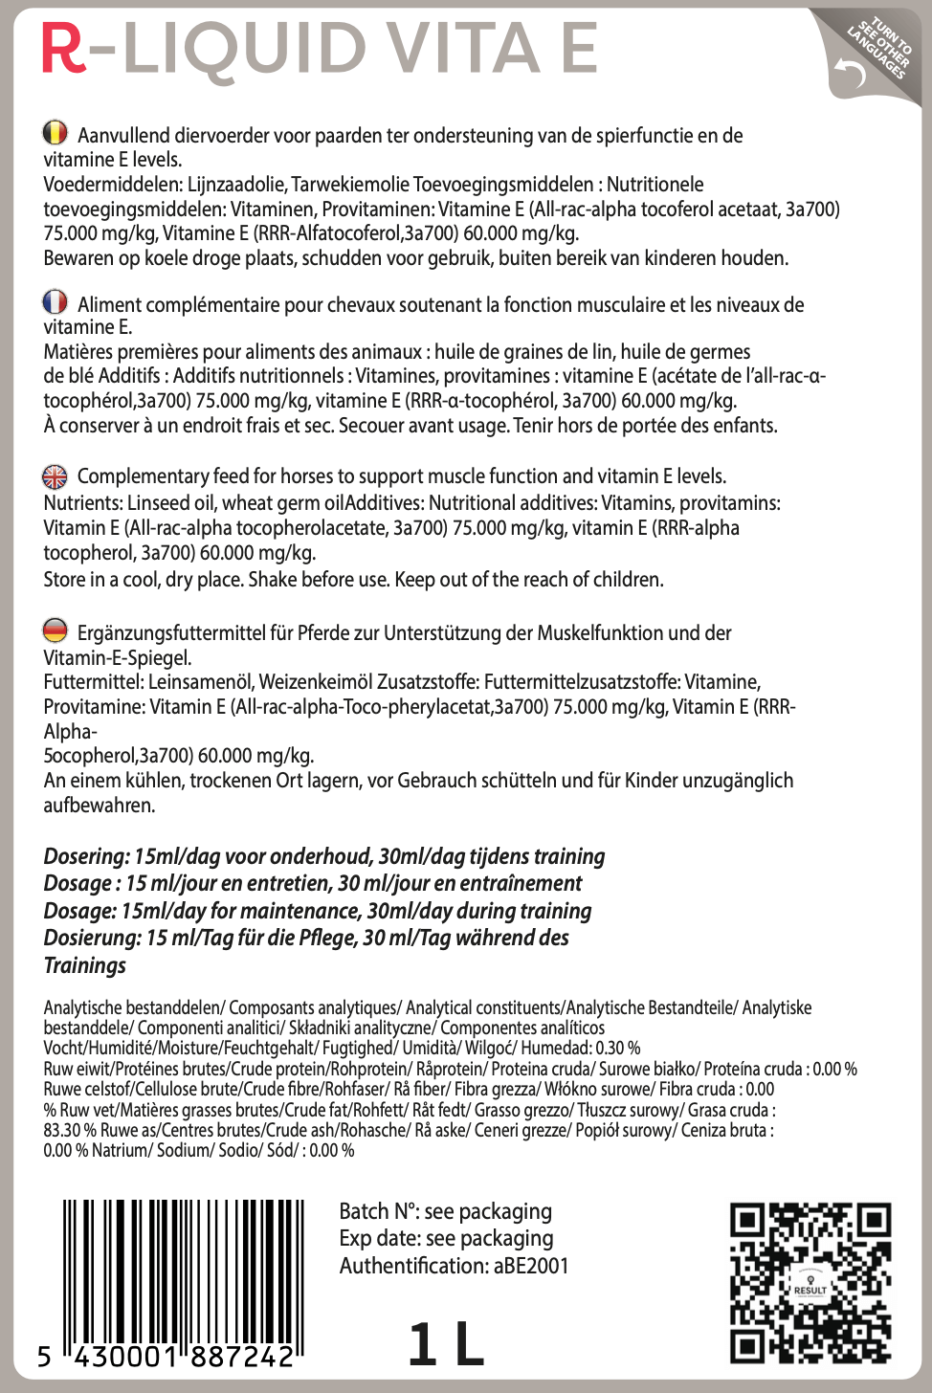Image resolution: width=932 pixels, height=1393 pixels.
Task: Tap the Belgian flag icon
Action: tap(55, 132)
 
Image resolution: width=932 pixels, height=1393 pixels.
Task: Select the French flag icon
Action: tap(55, 302)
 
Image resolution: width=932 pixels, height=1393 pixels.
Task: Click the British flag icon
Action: tap(55, 475)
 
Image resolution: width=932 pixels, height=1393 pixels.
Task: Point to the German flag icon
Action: tap(55, 630)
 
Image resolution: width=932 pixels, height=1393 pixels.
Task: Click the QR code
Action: tap(810, 1282)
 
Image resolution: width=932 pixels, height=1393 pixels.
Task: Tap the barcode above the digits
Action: tap(183, 1268)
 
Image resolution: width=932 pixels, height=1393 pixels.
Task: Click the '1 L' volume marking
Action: tap(446, 1344)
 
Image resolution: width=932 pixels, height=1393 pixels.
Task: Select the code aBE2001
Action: tap(531, 1266)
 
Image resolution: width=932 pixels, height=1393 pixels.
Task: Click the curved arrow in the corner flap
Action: tap(849, 72)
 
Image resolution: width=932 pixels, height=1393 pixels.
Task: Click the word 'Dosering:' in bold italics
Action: tap(86, 856)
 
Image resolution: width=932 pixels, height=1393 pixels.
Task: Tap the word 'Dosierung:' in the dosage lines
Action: tap(92, 938)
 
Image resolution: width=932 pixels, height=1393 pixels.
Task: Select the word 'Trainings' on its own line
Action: tap(85, 965)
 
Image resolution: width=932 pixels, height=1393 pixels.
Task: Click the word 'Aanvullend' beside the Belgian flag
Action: tap(123, 136)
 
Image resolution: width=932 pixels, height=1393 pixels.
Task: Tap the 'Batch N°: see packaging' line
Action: tap(446, 1211)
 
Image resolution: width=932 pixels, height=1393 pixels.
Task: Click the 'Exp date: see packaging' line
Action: tap(446, 1238)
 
